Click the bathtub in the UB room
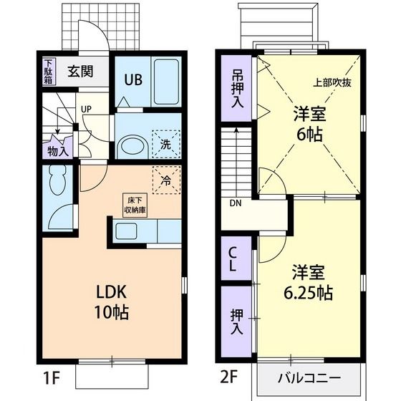click(x=166, y=80)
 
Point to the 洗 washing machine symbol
click(x=165, y=143)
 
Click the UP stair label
click(x=86, y=109)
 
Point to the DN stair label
click(x=236, y=203)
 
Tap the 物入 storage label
click(x=58, y=151)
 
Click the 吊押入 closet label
click(x=237, y=87)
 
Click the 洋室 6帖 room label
click(x=309, y=122)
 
